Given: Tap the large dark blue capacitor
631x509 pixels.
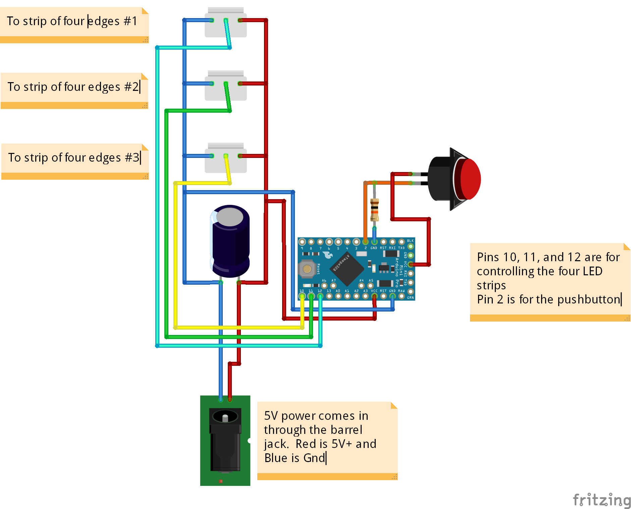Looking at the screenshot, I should point(230,241).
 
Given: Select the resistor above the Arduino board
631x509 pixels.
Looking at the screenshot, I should point(374,210).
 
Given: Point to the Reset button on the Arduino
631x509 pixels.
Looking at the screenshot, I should point(307,269).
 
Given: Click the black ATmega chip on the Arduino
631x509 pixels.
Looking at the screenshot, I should point(347,268).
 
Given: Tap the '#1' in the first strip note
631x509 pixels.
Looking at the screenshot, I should point(130,21).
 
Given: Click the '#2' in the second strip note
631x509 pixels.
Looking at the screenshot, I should point(131,87).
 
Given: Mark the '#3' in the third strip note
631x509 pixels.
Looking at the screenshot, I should point(132,158).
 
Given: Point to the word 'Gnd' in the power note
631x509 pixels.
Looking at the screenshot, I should point(314,458).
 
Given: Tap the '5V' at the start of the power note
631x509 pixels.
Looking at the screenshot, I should point(271,416).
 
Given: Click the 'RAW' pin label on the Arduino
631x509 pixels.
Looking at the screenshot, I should point(401,291).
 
